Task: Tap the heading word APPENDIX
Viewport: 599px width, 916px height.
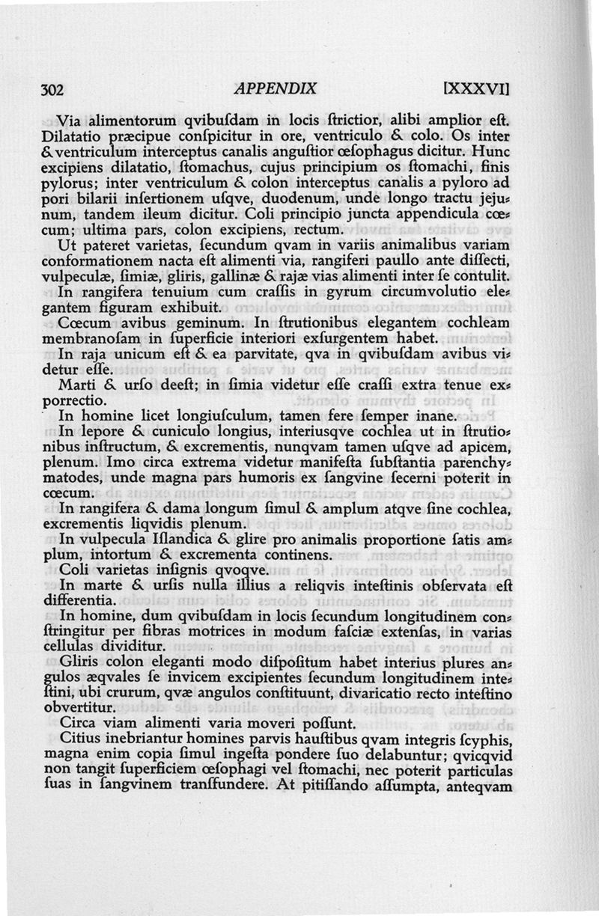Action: pos(276,88)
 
